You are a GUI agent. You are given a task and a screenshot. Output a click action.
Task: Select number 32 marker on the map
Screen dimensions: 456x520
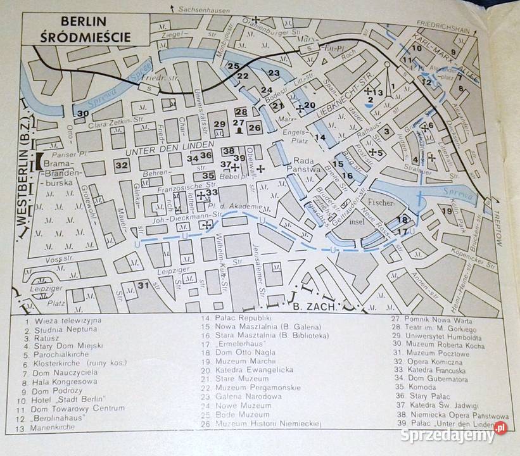(122, 165)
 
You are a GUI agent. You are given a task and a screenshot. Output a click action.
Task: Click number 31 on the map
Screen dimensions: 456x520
(144, 285)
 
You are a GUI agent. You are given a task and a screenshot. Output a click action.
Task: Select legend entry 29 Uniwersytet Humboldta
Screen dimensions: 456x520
(436, 336)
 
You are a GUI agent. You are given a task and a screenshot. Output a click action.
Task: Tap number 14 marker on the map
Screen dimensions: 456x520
(320, 138)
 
